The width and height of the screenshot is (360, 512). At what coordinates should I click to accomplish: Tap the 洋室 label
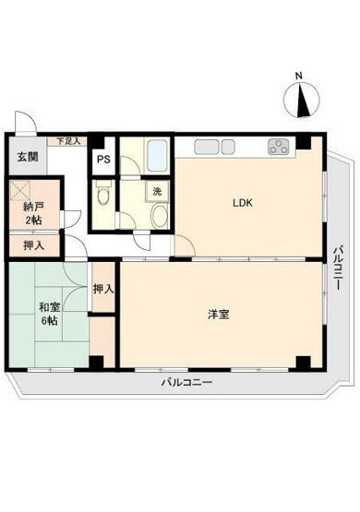pyautogui.click(x=219, y=315)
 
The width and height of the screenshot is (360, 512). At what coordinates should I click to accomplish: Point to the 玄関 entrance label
pyautogui.click(x=26, y=156)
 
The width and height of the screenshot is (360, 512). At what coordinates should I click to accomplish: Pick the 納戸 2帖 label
pyautogui.click(x=33, y=213)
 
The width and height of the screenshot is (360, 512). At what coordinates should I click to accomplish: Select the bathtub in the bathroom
pyautogui.click(x=157, y=156)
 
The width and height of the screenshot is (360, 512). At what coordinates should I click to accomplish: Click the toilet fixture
pyautogui.click(x=103, y=193)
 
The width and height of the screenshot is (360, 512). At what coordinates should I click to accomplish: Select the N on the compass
pyautogui.click(x=298, y=76)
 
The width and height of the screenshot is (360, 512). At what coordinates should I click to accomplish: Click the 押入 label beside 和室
pyautogui.click(x=103, y=290)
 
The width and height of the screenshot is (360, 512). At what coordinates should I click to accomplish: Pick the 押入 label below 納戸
pyautogui.click(x=32, y=246)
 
